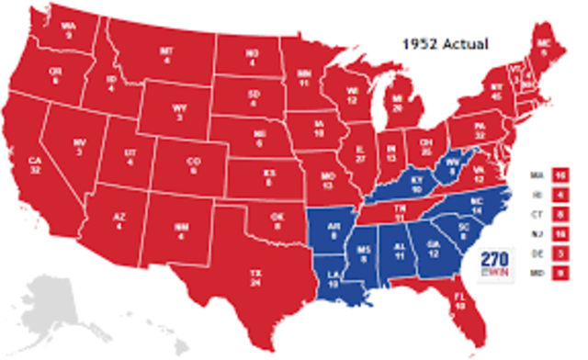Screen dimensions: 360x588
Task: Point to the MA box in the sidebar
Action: (x=558, y=174)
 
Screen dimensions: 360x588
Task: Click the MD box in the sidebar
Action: (x=558, y=272)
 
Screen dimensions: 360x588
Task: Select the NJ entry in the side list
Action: (x=558, y=233)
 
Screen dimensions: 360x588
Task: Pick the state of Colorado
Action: (x=193, y=165)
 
